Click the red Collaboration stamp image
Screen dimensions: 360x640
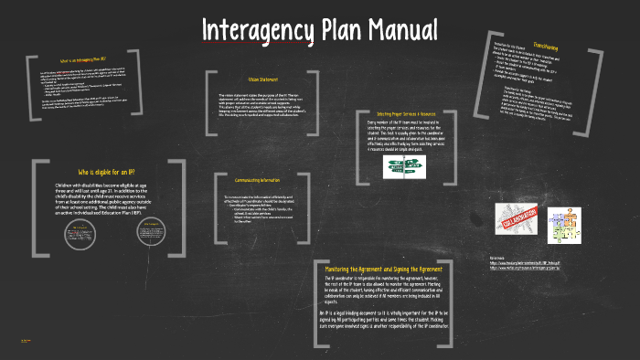[520, 222]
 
